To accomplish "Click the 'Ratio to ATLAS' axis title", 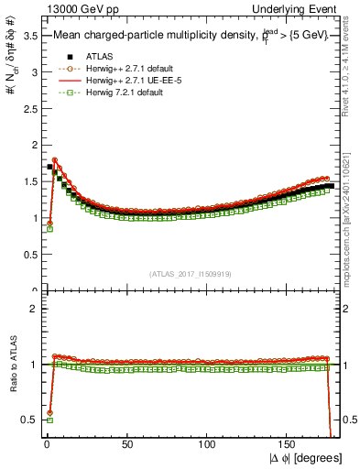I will pyautogui.click(x=10, y=365).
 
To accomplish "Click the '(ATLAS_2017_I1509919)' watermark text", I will pyautogui.click(x=190, y=273).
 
